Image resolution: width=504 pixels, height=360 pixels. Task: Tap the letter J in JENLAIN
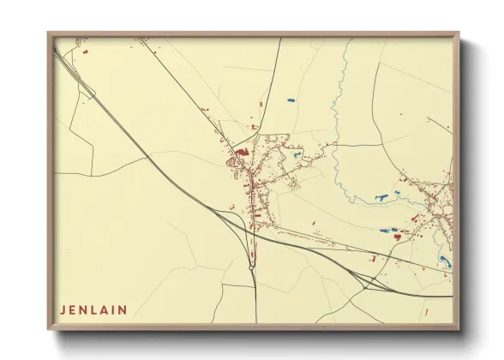[63, 309]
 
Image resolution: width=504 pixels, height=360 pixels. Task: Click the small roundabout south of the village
[250, 267]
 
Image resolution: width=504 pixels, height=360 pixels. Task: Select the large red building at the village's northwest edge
[243, 153]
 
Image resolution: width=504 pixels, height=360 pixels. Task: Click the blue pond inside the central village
[297, 156]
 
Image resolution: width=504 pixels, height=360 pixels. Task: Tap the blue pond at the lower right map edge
[444, 261]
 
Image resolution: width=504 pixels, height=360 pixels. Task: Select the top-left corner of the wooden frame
[50, 34]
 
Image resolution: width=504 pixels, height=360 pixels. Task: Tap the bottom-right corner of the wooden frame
[458, 328]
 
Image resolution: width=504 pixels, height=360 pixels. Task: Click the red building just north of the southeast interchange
[373, 257]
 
